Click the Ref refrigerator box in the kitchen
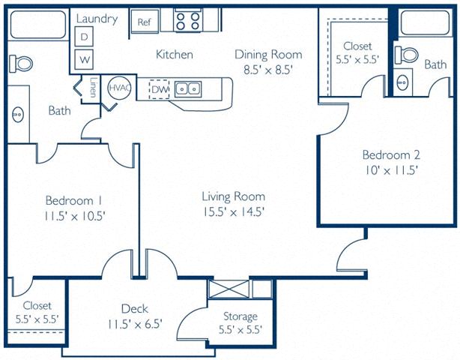point(144,22)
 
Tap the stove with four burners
point(187,21)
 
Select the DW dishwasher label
point(160,90)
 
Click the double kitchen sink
point(187,89)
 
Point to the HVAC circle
point(120,88)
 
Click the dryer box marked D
point(85,37)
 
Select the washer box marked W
point(85,58)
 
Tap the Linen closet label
point(93,85)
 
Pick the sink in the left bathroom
point(16,115)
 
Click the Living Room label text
point(233,196)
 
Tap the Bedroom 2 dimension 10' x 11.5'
point(391,170)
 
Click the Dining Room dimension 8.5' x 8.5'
point(267,70)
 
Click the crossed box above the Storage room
point(229,289)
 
